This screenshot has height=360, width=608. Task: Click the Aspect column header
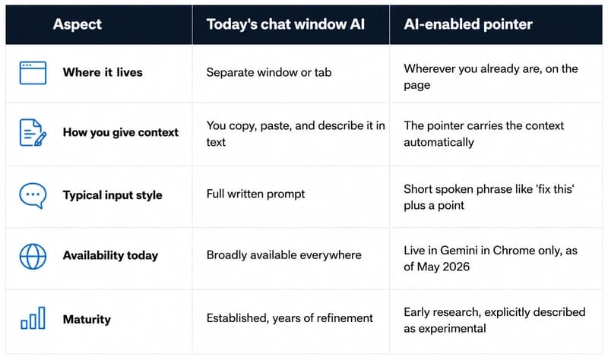78,24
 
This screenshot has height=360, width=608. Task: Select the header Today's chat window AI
286,24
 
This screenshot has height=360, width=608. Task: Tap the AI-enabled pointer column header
468,24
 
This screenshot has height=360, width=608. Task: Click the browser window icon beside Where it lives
33,72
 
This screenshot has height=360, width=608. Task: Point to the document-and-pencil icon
33,132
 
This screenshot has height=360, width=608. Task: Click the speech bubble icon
33,195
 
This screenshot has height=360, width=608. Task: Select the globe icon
33,256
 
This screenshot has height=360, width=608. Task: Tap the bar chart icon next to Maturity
33,317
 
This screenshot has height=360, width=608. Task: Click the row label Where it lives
103,72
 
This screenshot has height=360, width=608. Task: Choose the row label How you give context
121,132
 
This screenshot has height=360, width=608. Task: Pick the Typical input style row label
112,195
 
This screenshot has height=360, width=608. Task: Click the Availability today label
110,255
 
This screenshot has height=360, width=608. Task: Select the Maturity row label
87,319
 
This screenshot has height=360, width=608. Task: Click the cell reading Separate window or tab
269,72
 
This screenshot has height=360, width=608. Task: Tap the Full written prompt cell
255,194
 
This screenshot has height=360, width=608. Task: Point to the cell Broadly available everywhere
283,255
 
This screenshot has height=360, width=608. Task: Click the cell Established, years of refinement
290,318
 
